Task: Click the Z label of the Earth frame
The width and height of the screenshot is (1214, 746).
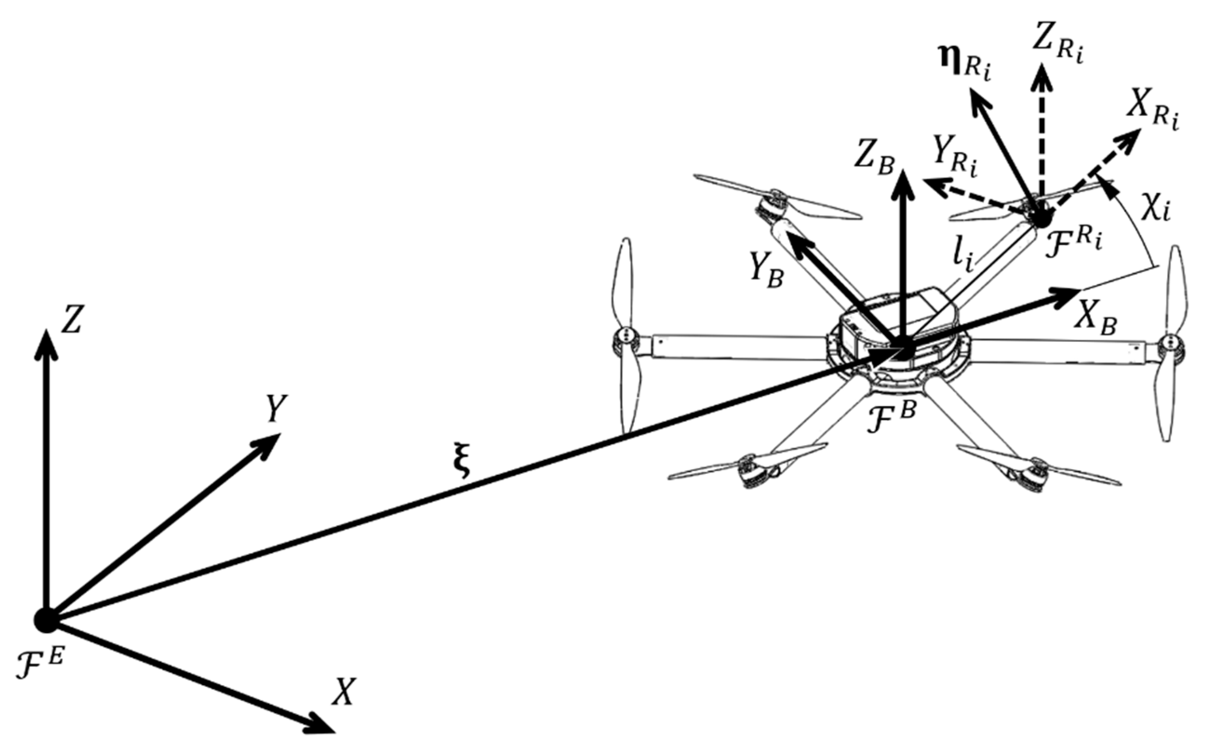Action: coord(71,319)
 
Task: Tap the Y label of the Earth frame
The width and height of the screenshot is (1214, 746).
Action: coord(277,408)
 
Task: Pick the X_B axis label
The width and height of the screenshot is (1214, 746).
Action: coord(1095,321)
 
